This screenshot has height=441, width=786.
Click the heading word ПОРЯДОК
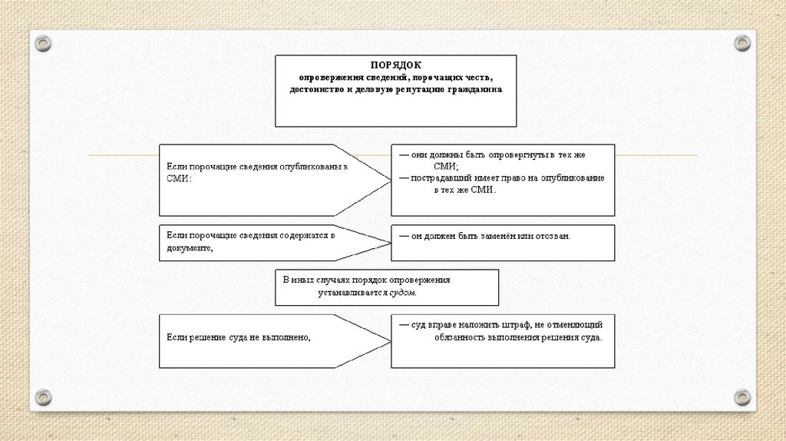pos(395,66)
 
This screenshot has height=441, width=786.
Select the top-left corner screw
pos(43,43)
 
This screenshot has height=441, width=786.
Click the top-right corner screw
pos(741,43)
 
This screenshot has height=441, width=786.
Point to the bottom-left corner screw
pos(43,397)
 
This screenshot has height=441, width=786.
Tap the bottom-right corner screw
pos(741,397)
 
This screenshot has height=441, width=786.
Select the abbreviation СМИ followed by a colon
pos(177,177)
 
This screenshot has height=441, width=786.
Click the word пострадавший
pos(438,177)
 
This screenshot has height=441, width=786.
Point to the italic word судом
pos(408,293)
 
